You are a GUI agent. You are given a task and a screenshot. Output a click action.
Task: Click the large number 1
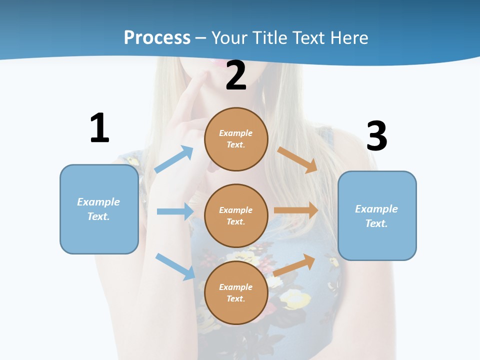(x=99, y=128)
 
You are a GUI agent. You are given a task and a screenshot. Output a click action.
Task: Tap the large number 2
(x=236, y=76)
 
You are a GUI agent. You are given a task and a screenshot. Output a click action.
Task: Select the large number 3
(x=376, y=136)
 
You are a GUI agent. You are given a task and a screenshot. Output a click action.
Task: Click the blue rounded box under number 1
(x=99, y=209)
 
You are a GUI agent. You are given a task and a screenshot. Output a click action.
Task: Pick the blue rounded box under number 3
(x=377, y=215)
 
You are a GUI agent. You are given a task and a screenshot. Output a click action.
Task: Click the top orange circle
(x=236, y=139)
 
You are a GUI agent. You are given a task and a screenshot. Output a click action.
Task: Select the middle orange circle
(x=236, y=215)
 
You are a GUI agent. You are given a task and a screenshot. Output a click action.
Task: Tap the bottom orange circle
(x=236, y=292)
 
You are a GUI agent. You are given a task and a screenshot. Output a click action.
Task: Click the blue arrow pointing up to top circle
(x=174, y=159)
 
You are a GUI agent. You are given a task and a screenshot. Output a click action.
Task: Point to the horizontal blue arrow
(x=175, y=211)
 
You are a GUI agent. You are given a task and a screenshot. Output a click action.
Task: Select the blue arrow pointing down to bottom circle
(x=175, y=266)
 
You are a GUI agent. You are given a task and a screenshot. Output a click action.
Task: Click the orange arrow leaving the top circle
(x=297, y=159)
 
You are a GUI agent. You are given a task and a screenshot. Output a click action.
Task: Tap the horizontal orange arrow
(x=296, y=210)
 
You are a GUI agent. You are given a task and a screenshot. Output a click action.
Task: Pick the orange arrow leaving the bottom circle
(x=294, y=265)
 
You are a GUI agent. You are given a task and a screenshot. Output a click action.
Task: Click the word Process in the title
(x=157, y=37)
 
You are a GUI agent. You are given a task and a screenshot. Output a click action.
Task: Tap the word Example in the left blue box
(x=98, y=202)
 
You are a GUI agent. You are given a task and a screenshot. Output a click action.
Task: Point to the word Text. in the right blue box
(x=376, y=223)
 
